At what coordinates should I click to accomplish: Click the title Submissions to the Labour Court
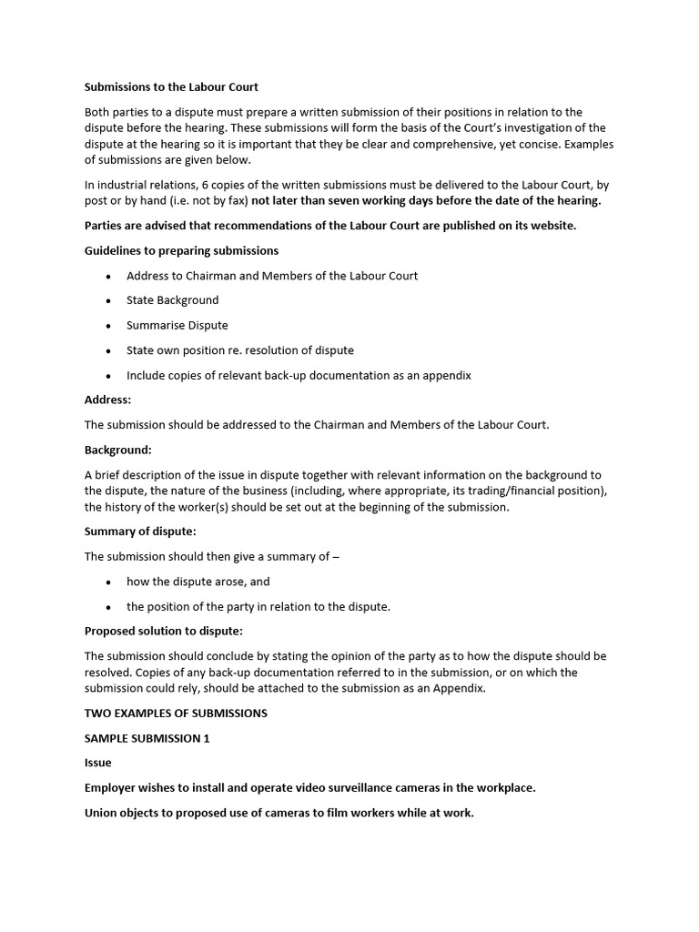pyautogui.click(x=171, y=87)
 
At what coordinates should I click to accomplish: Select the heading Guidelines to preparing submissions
pyautogui.click(x=181, y=250)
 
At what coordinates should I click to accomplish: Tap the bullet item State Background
pyautogui.click(x=172, y=299)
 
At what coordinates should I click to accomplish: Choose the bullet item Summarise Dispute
pyautogui.click(x=177, y=325)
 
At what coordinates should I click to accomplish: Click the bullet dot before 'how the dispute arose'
pyautogui.click(x=109, y=582)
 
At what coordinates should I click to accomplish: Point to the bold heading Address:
pyautogui.click(x=107, y=400)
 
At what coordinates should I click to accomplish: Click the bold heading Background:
pyautogui.click(x=117, y=450)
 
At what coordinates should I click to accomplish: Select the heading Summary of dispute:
pyautogui.click(x=140, y=531)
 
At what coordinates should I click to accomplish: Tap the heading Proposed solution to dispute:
pyautogui.click(x=164, y=631)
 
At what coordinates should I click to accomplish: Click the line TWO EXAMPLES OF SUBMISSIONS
pyautogui.click(x=176, y=713)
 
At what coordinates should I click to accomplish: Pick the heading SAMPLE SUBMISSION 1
pyautogui.click(x=147, y=738)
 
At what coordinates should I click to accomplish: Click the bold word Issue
pyautogui.click(x=97, y=763)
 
